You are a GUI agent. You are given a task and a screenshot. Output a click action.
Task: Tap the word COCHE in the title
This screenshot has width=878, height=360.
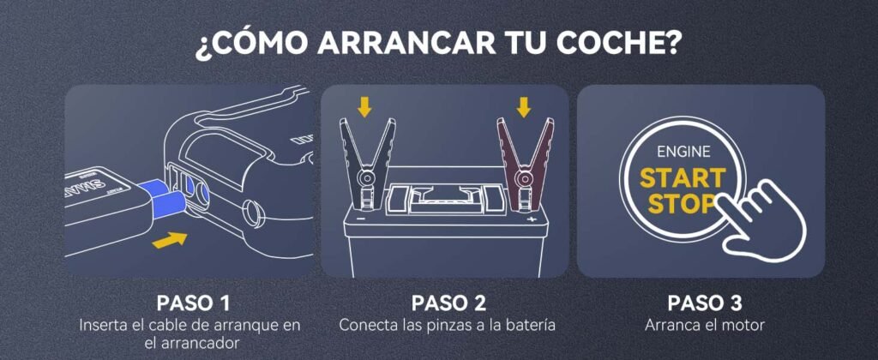[x=622, y=43]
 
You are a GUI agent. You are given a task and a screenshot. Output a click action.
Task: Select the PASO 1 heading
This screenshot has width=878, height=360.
[x=193, y=303]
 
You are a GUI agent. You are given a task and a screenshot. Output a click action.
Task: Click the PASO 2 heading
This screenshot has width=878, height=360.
[x=448, y=303]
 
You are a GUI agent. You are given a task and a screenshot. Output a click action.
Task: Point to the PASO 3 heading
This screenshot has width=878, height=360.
[x=705, y=303]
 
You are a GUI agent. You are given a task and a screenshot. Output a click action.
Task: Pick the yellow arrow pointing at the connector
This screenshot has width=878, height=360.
[x=170, y=240]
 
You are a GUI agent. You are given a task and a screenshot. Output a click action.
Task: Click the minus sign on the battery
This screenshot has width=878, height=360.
[x=361, y=219]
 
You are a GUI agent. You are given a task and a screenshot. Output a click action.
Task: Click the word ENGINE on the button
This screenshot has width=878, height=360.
[x=683, y=151]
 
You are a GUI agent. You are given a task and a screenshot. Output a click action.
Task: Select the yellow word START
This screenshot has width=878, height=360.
[x=683, y=178]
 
